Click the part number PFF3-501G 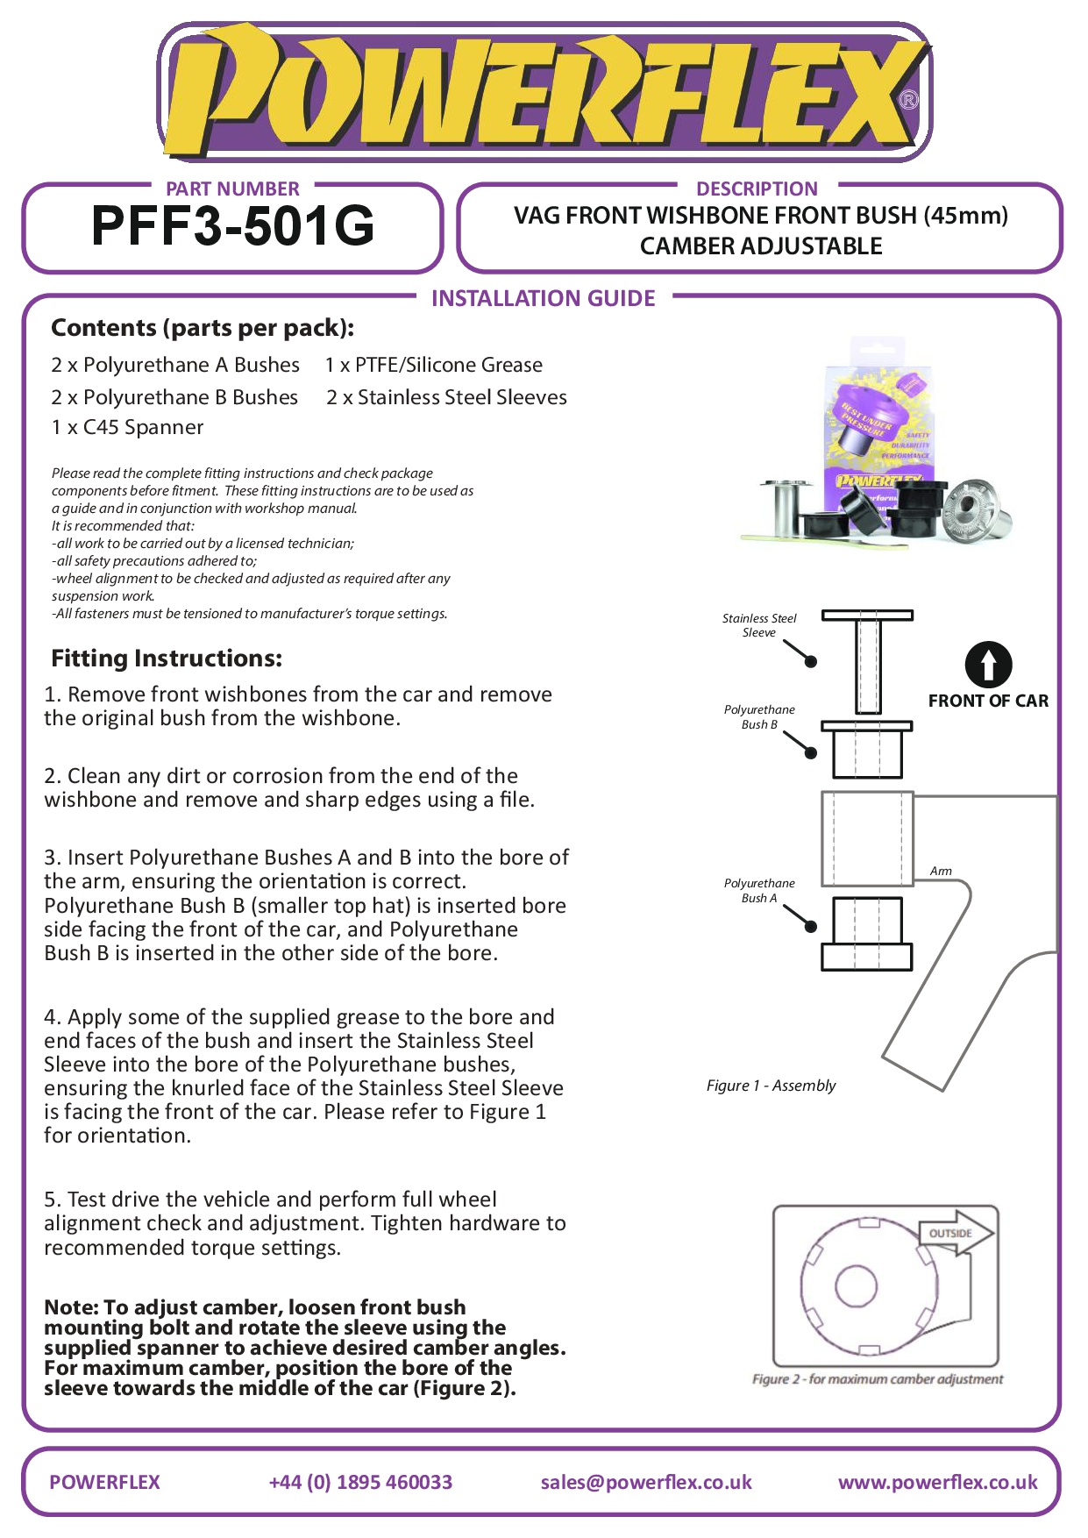232,226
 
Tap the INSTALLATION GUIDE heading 543,298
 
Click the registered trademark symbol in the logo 909,100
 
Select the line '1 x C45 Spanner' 127,427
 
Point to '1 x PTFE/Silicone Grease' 433,365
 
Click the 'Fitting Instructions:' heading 167,658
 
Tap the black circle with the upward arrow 988,665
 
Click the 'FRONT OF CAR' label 988,701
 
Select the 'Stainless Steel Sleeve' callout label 759,625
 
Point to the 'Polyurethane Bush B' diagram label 759,716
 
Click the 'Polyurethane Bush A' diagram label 759,890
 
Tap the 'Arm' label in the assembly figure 941,871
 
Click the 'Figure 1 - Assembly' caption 771,1086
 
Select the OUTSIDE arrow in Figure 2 955,1233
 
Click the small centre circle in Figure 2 856,1286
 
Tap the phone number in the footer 360,1482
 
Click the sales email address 646,1482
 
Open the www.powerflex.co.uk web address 937,1482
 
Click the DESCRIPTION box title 757,189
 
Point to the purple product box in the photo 877,430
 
